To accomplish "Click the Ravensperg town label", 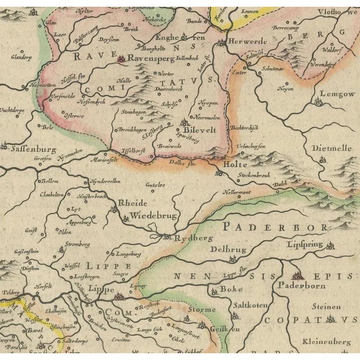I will [x=148, y=57].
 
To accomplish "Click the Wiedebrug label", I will [x=146, y=215].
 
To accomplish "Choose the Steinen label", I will [x=328, y=307].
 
